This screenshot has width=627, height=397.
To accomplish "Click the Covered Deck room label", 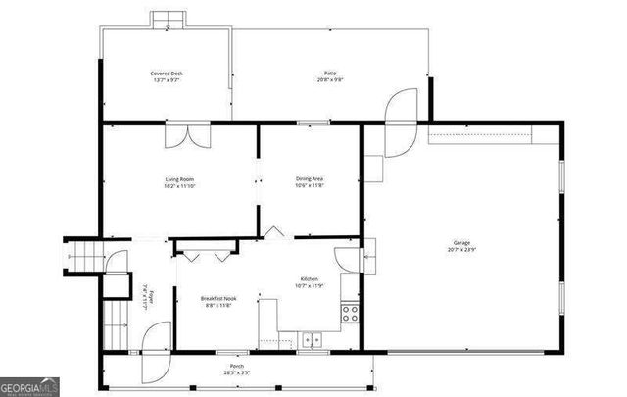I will tap(167, 74).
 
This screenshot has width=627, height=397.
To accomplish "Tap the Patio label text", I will tap(331, 74).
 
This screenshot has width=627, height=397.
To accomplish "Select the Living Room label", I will tap(179, 179).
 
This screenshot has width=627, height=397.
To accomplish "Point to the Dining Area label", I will tap(310, 179).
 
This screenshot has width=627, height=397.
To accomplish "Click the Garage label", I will tap(461, 244).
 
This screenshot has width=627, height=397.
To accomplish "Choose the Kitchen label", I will tap(309, 279).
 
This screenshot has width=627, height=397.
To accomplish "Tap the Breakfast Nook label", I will tap(218, 298).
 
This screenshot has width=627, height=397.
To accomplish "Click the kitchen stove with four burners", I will tap(350, 314).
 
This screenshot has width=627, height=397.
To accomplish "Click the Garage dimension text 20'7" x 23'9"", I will tap(461, 251).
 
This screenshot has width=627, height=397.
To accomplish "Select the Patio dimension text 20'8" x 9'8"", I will tap(331, 80).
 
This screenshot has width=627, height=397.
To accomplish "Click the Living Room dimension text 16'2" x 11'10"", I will tap(179, 186).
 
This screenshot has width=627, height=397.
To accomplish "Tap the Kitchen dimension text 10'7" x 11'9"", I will tap(309, 286).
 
